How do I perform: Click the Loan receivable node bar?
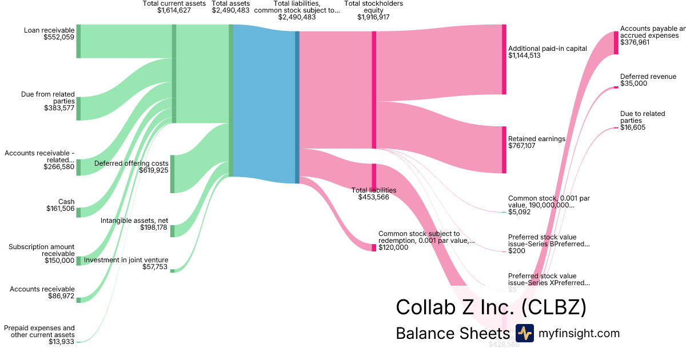78,41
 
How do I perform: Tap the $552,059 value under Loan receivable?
59,38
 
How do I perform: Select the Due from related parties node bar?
78,109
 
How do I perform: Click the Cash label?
66,202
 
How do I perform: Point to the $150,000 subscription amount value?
59,261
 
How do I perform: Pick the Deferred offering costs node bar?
172,174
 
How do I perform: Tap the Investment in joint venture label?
126,260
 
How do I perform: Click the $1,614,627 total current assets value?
174,10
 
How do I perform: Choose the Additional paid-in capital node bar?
504,59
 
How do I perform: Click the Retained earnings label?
536,139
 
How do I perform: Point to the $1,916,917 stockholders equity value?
373,17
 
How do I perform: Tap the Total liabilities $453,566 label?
374,194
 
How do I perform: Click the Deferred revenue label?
648,77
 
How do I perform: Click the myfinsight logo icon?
524,333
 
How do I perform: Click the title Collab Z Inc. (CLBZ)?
491,307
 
